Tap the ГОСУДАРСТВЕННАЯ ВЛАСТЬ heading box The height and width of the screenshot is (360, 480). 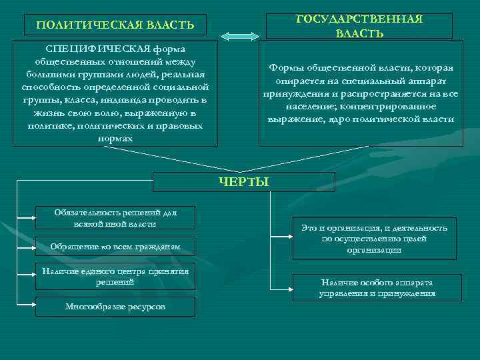click(x=359, y=26)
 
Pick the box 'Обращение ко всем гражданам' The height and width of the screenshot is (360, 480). click(x=115, y=247)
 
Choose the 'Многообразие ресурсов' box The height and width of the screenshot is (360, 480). click(x=115, y=307)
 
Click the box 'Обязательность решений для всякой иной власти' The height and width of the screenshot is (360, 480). click(x=115, y=217)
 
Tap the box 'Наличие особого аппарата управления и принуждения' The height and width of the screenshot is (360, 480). click(x=377, y=288)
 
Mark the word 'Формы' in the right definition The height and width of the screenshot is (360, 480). click(x=283, y=68)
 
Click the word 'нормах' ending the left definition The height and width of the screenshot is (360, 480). click(x=115, y=139)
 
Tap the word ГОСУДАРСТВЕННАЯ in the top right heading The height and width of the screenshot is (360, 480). click(x=359, y=19)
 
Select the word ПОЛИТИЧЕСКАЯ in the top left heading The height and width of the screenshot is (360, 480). click(x=85, y=25)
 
